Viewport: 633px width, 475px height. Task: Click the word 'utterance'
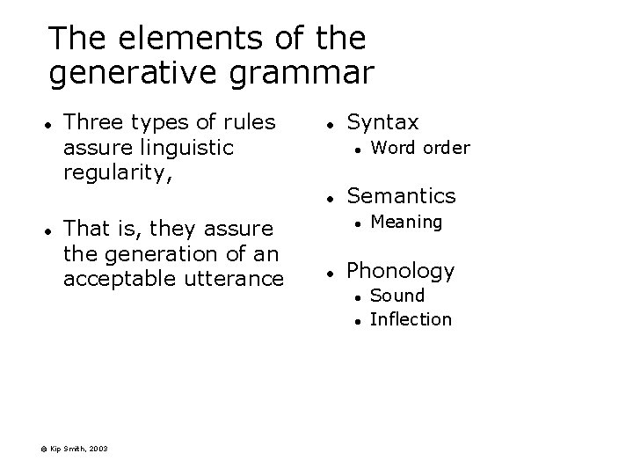[x=242, y=279]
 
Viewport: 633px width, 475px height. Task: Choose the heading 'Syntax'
[x=383, y=122]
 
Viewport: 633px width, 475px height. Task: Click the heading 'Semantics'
[x=402, y=195]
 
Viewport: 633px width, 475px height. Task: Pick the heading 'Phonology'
[x=401, y=270]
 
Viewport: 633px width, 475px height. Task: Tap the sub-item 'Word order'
[x=420, y=147]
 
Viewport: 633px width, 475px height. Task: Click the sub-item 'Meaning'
[x=406, y=221]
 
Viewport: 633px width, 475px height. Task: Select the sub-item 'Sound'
[x=397, y=296]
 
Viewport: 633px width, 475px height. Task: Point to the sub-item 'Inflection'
[x=411, y=318]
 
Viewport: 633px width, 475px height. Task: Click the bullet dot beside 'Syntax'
[x=326, y=124]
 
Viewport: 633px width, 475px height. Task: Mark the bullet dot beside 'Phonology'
[x=326, y=272]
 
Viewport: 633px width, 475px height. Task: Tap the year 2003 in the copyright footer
[x=98, y=449]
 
